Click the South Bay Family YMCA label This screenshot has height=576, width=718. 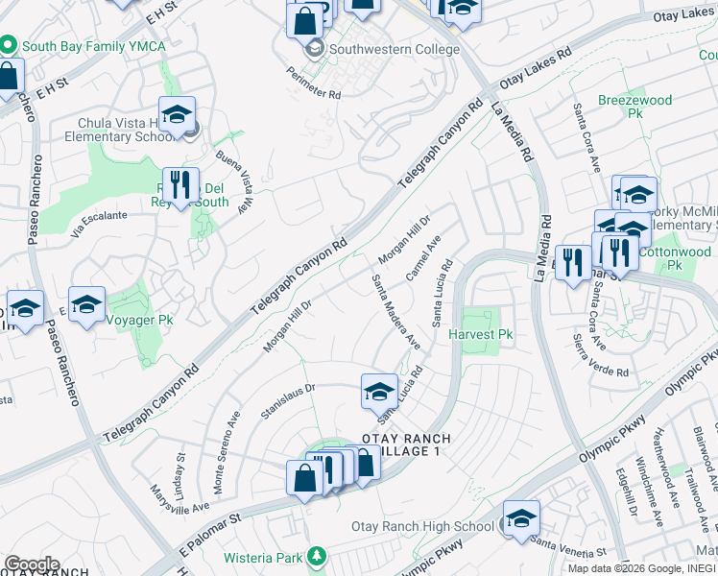coord(90,45)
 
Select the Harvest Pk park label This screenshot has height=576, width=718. coord(486,335)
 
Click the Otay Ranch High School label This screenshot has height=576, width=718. coord(422,526)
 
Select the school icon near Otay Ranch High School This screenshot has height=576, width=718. coord(521,519)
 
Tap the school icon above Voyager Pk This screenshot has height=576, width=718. coord(87,304)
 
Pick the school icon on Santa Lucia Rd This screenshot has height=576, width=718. coord(379,391)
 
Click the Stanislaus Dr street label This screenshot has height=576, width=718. coord(288,402)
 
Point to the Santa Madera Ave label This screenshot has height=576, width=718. coord(396,311)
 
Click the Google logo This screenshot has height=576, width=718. coord(32,564)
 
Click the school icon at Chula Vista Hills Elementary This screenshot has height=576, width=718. coord(177,115)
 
